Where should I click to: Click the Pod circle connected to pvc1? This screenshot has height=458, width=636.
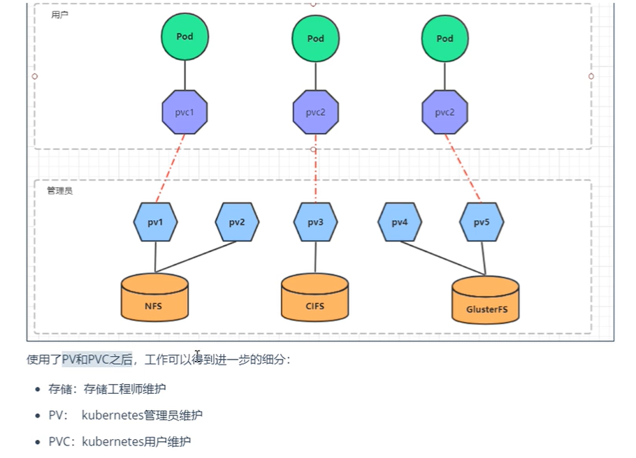tap(185, 37)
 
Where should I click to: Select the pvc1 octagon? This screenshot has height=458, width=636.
tap(185, 112)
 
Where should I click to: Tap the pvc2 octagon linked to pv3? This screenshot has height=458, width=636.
tap(316, 112)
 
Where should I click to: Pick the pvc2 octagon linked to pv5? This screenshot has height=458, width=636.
tap(445, 112)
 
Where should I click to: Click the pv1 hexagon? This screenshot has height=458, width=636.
tap(155, 222)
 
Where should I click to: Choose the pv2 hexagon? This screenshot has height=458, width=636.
tap(236, 222)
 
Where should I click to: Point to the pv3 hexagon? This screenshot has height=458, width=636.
tap(315, 222)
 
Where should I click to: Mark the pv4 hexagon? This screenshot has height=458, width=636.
tap(400, 222)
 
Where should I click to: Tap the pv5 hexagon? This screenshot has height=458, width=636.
tap(482, 222)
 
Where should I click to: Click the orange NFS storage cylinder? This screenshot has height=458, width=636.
tap(154, 298)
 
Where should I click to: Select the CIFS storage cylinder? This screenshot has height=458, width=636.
tap(315, 298)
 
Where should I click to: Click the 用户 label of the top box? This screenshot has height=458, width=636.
tap(59, 15)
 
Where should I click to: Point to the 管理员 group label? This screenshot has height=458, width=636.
tap(59, 191)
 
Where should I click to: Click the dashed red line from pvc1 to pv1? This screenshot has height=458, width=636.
tap(171, 168)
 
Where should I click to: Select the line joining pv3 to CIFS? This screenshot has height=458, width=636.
tap(315, 257)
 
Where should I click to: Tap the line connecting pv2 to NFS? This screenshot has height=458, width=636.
tap(196, 257)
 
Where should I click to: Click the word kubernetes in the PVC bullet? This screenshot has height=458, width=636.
tap(113, 441)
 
